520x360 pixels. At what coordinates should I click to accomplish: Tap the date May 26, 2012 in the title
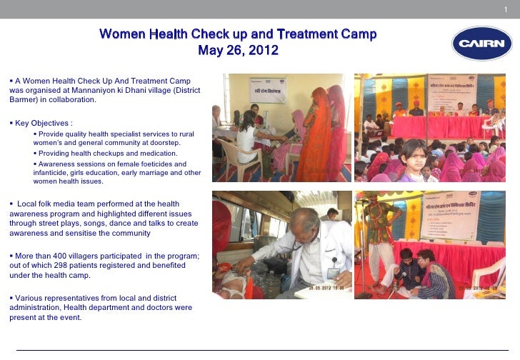238,51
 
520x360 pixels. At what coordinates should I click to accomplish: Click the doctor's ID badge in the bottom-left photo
333,272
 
